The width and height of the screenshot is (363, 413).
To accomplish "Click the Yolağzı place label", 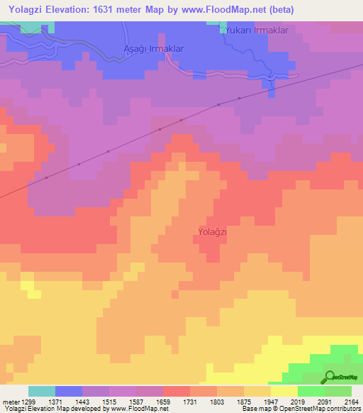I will [211, 231].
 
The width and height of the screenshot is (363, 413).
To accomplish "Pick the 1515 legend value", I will [109, 402].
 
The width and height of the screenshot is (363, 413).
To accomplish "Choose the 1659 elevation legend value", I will [163, 402].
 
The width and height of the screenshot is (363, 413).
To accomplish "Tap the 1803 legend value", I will [217, 402].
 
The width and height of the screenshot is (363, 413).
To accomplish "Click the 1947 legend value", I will [271, 402].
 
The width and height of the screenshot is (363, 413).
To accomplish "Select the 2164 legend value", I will [352, 402].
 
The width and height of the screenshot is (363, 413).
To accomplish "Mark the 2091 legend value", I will [325, 402].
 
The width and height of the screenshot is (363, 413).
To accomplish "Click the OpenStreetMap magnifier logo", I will [330, 377].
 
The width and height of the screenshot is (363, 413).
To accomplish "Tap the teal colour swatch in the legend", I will [42, 391].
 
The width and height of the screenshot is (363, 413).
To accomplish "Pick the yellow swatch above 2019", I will [284, 391].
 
